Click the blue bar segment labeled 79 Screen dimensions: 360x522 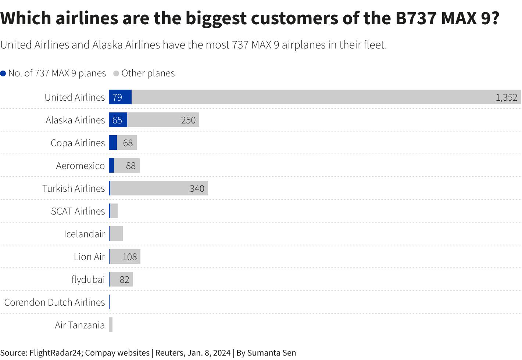coord(120,97)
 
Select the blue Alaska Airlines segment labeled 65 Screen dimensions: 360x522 coord(118,120)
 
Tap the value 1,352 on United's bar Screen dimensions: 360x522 coord(506,97)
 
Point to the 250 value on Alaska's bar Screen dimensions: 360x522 coord(188,120)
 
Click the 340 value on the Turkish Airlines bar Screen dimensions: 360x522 coord(197,188)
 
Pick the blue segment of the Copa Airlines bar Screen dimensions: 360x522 coord(113,143)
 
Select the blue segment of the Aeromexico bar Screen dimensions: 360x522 coord(111,166)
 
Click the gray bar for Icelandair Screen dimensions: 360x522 coord(116,234)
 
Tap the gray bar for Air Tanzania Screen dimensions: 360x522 coord(111,325)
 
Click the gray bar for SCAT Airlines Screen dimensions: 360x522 coord(114,211)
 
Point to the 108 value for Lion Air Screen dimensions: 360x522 coord(129,257)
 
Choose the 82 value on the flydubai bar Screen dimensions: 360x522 coord(125,280)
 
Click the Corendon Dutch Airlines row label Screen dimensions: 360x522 coord(54,302)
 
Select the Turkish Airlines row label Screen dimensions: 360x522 coord(74,188)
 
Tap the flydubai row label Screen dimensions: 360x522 coord(88,280)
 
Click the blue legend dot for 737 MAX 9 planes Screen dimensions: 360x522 coord(3,73)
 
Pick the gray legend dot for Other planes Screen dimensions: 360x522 coord(116,73)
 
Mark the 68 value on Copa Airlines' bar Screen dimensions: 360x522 coord(128,143)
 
